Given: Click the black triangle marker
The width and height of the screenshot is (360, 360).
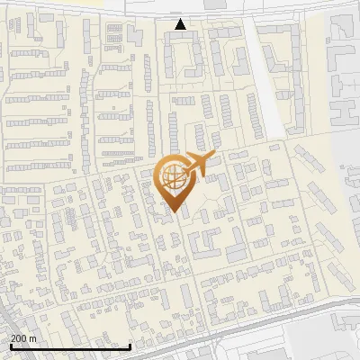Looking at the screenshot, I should point(181,24).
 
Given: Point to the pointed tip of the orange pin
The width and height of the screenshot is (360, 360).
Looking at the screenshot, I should point(171,212).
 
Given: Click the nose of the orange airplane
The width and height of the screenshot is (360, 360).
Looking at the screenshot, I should point(213,156).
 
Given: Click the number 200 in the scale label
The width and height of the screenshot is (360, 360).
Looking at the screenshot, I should point(20,338).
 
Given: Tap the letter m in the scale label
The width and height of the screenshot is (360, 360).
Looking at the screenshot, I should point(34,338).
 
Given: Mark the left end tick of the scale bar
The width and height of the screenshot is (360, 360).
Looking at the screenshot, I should point(11,346).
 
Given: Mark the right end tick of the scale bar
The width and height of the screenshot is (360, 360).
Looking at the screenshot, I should point(130,346).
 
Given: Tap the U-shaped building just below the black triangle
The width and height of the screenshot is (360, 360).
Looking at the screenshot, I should point(181,58).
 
